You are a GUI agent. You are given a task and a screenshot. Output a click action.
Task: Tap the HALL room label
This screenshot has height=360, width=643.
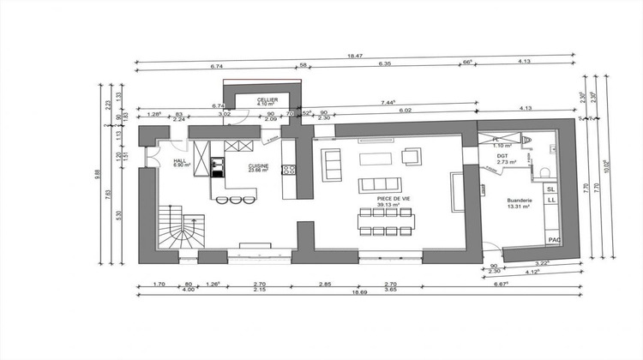(180, 160)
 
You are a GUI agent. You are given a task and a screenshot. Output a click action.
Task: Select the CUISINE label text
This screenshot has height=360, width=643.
(259, 166)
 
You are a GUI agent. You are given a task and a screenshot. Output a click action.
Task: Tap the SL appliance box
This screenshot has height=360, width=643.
(552, 188)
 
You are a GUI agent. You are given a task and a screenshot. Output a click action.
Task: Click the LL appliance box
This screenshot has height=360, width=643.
(552, 200)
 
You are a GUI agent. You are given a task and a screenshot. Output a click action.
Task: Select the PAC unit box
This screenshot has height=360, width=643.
(554, 239)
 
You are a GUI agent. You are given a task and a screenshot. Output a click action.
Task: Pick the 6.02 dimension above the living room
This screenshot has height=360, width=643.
(405, 111)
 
